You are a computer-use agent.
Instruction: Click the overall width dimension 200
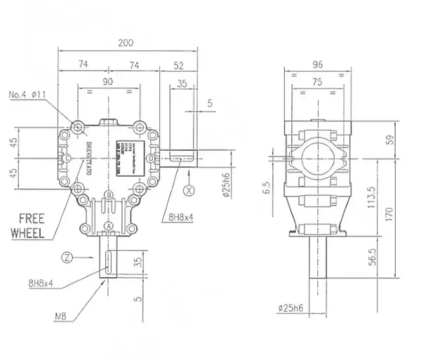[125, 43]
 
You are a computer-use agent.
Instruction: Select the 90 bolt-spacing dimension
[109, 82]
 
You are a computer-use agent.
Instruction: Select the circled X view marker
[187, 189]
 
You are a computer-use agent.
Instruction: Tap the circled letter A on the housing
[109, 224]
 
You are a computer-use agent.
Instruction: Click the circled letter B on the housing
[109, 194]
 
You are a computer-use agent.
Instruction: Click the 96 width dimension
[317, 64]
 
